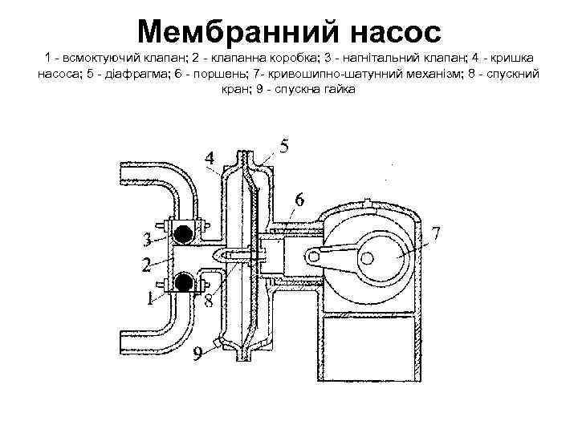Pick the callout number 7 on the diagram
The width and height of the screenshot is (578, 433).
click(x=436, y=233)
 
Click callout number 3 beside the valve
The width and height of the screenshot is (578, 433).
click(x=148, y=240)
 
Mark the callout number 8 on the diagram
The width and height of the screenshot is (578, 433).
click(x=207, y=302)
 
